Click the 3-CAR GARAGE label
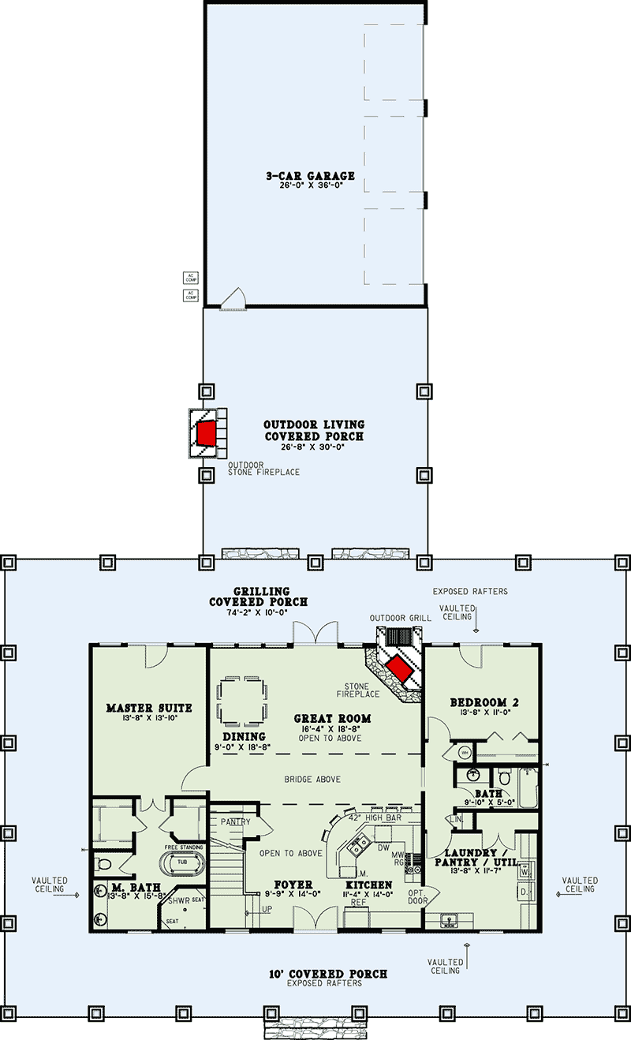click(310, 176)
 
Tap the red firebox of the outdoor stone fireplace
click(207, 432)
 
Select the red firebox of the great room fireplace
click(399, 670)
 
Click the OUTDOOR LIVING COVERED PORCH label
click(314, 431)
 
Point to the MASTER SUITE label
click(149, 708)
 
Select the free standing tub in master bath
click(182, 862)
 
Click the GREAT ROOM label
click(332, 718)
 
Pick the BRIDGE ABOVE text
click(313, 780)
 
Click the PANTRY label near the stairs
click(236, 822)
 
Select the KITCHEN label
click(369, 885)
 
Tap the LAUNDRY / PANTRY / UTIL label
click(481, 858)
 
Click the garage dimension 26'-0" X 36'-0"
click(310, 187)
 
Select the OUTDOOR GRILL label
click(401, 618)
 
